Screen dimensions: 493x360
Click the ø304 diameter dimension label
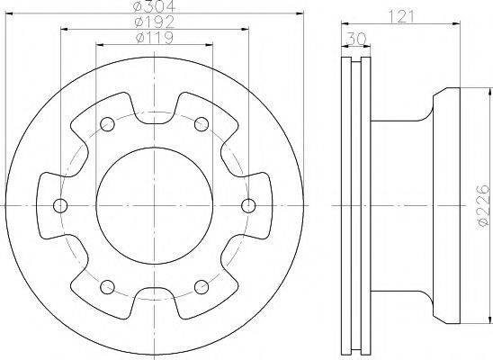tap(154, 5)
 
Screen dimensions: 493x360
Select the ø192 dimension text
tap(154, 22)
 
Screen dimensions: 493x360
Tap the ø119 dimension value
tap(154, 38)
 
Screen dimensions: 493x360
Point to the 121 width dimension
tap(402, 16)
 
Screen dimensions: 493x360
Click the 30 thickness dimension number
tap(356, 39)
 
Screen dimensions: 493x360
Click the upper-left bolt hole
tap(107, 124)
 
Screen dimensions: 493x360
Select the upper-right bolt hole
tap(202, 124)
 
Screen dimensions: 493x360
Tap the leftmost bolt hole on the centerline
tap(60, 205)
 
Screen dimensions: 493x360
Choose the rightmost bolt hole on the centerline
tap(248, 205)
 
